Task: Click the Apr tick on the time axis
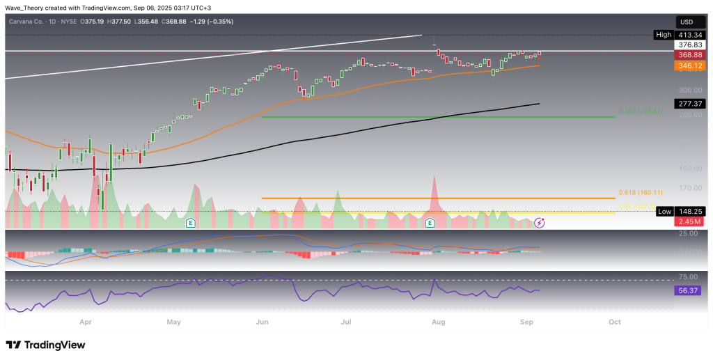pyautogui.click(x=86, y=322)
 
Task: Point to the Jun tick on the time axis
pyautogui.click(x=262, y=322)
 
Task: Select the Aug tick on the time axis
pyautogui.click(x=438, y=322)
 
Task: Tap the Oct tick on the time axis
pyautogui.click(x=614, y=322)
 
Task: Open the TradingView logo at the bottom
pyautogui.click(x=45, y=345)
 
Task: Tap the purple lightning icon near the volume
pyautogui.click(x=540, y=223)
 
